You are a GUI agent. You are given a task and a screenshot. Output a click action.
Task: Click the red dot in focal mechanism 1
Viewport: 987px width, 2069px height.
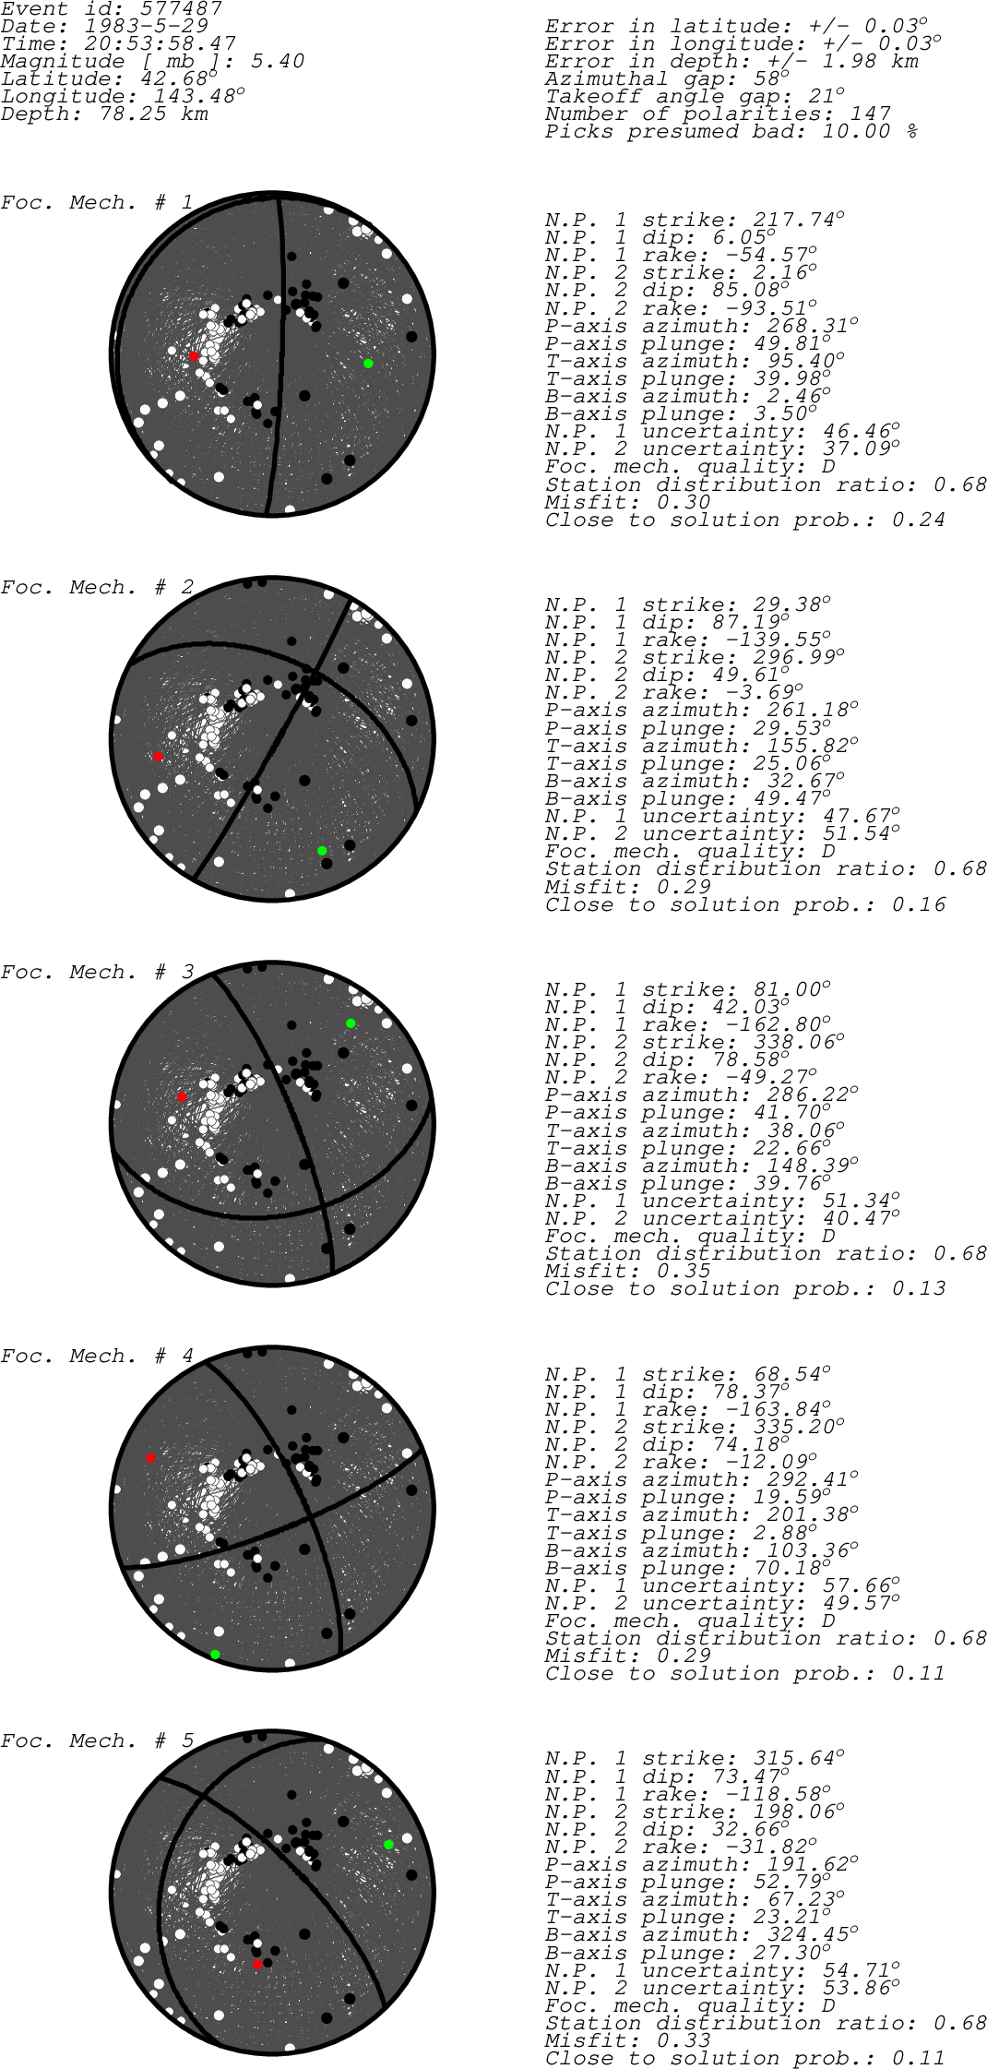pyautogui.click(x=194, y=356)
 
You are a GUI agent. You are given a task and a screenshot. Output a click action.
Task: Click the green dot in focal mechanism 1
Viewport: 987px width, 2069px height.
pyautogui.click(x=368, y=364)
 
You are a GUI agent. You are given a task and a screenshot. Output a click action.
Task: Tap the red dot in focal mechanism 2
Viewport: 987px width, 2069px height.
pyautogui.click(x=158, y=757)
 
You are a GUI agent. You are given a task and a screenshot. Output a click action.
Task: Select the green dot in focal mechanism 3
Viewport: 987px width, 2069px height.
pyautogui.click(x=351, y=1023)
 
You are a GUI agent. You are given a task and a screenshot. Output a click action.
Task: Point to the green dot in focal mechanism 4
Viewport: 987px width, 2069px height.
pyautogui.click(x=215, y=1655)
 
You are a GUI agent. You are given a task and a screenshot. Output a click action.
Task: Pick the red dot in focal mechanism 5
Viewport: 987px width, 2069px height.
pyautogui.click(x=257, y=1965)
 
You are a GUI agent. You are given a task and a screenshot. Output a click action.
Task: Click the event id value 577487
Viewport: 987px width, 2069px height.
pyautogui.click(x=175, y=9)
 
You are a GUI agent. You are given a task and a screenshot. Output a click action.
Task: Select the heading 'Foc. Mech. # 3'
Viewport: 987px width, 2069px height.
pyautogui.click(x=97, y=973)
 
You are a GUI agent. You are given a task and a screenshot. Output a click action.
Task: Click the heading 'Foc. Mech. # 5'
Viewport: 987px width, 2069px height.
pyautogui.click(x=97, y=1741)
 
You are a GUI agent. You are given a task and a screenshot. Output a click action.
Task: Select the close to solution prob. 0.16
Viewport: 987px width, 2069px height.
pyautogui.click(x=919, y=904)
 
